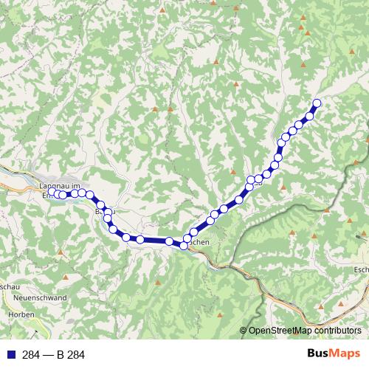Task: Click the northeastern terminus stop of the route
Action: click(x=317, y=103)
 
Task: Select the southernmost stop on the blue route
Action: click(x=184, y=246)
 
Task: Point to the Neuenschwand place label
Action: click(x=40, y=298)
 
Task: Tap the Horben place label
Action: click(x=21, y=314)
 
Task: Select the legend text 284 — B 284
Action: click(x=53, y=355)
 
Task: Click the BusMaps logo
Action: click(x=334, y=354)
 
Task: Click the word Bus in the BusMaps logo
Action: click(x=319, y=354)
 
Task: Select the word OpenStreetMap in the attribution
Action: click(x=279, y=331)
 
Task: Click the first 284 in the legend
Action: click(x=31, y=355)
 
